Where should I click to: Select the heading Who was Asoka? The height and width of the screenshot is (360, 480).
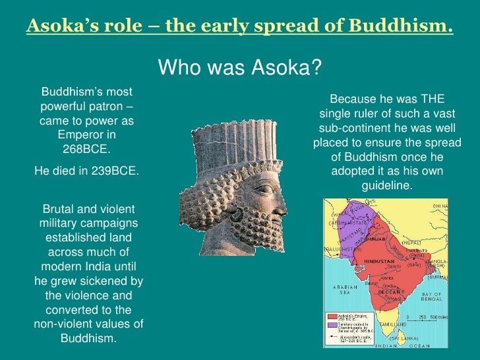point(240,67)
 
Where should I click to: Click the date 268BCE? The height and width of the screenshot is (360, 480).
point(86,148)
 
